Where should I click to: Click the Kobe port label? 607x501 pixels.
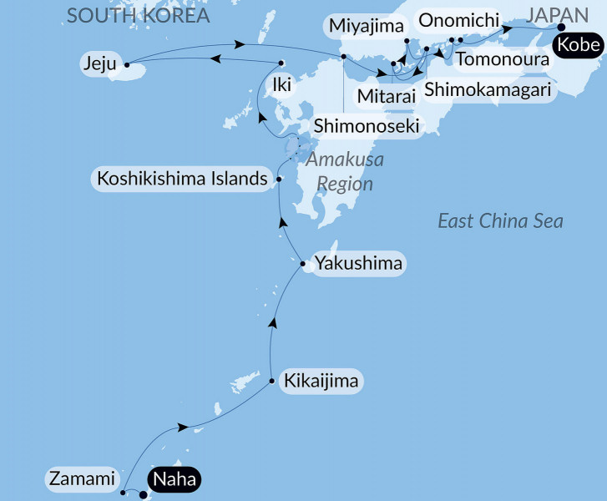579,45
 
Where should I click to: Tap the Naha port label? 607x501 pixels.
175,480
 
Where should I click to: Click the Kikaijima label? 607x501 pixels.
321,382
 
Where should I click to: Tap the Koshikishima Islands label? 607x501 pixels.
183,179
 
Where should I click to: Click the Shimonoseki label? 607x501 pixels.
366,126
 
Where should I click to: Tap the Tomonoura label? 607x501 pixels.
503,59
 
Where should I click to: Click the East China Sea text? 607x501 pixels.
501,221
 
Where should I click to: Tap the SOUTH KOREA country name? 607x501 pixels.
139,16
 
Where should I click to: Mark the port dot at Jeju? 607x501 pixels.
126,63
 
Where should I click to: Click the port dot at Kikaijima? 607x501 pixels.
273,382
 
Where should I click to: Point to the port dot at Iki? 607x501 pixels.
281,63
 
